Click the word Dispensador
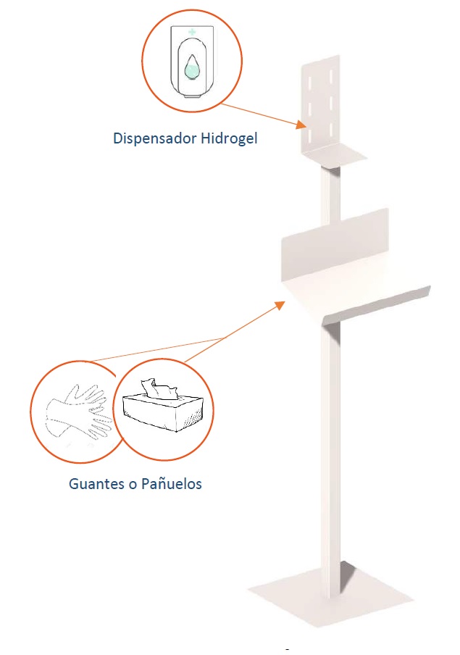coord(154,138)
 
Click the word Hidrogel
coord(230,138)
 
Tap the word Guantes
coord(96,484)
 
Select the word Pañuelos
coord(172,484)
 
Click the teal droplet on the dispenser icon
coord(192,67)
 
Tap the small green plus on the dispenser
coord(192,31)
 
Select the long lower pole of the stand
coord(330,455)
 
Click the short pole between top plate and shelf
coord(330,194)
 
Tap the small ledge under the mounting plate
coord(334,155)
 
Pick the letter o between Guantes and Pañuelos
coord(133,485)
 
